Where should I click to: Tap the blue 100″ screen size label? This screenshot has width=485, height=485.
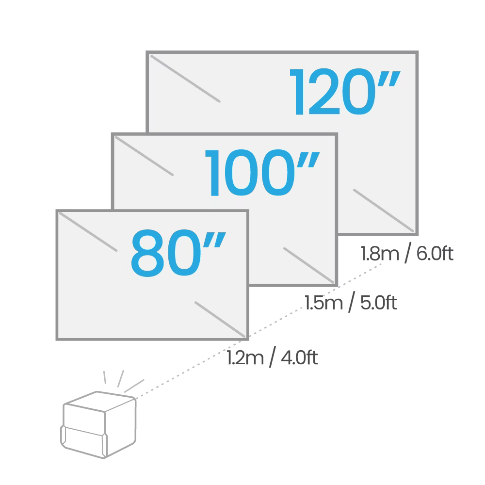click(x=262, y=173)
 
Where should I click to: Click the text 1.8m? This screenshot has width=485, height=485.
click(x=378, y=254)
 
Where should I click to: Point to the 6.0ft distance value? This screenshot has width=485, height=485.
click(x=434, y=254)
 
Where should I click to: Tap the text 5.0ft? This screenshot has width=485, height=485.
click(x=377, y=303)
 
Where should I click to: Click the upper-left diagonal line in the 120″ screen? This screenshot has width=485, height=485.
click(x=185, y=79)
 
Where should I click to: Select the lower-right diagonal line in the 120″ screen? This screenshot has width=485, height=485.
click(x=383, y=210)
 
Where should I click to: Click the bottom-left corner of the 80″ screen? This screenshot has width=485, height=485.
click(x=58, y=339)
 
